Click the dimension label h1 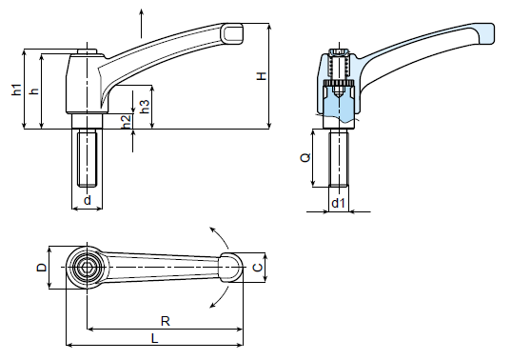(16, 90)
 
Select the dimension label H (262, 76)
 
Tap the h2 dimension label (127, 121)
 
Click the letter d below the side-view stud (88, 200)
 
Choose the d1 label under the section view (338, 203)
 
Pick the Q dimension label (305, 158)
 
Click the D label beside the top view (41, 268)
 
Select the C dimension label (258, 268)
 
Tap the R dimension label (166, 322)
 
